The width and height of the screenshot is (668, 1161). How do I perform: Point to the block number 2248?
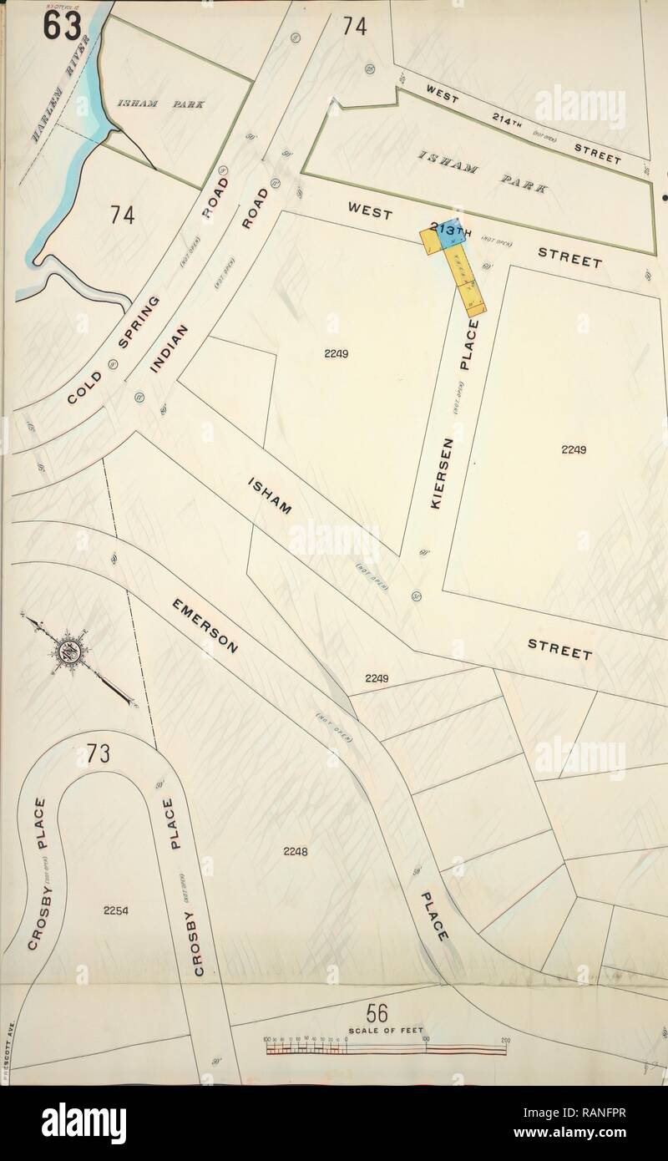(295, 851)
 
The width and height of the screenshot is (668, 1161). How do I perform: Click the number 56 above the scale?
(377, 1012)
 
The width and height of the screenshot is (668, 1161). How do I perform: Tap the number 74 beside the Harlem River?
(122, 215)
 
